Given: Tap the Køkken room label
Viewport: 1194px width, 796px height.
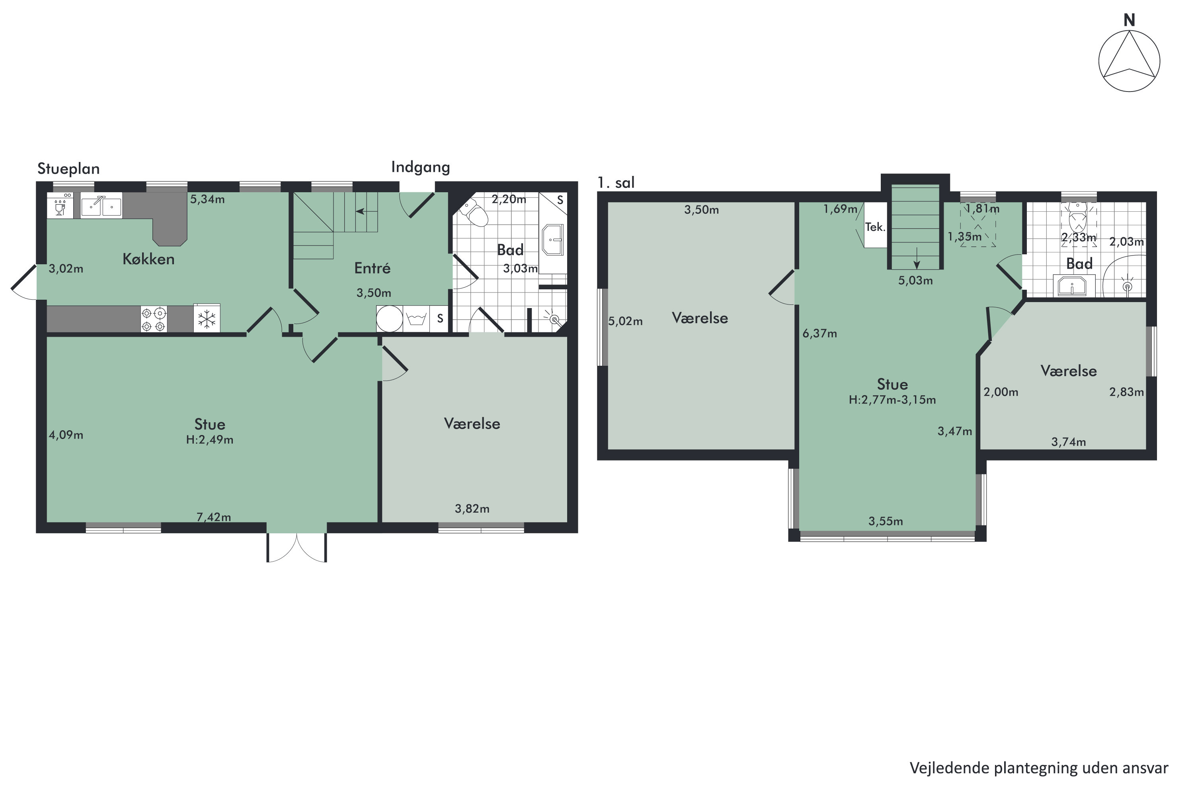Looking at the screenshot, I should click(148, 259).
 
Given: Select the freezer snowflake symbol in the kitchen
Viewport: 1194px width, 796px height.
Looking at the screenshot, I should click(207, 319).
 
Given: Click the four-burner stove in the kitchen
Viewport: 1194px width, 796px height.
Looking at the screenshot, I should click(153, 319).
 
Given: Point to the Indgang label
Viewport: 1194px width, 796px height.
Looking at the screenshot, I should click(420, 167).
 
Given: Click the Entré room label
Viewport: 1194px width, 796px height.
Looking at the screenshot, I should click(372, 268).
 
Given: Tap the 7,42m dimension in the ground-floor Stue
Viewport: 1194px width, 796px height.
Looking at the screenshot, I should click(214, 517).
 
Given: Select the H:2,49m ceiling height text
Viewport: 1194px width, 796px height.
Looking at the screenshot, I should click(210, 440).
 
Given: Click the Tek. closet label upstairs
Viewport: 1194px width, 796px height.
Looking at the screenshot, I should click(875, 227).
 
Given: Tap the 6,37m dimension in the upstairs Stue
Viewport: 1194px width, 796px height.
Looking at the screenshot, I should click(819, 334).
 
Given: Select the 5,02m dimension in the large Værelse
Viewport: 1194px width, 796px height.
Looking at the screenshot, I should click(625, 321).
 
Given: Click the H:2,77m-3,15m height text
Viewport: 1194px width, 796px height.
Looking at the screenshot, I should click(892, 400).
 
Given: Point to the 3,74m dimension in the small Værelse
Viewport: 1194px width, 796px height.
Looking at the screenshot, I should click(1068, 442).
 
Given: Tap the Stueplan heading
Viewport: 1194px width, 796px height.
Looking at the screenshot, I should click(68, 168).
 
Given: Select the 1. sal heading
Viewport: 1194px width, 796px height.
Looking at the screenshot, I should click(616, 182).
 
